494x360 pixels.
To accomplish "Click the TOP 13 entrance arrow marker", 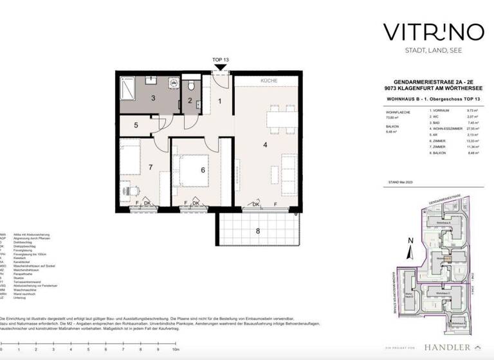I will pos(220,67).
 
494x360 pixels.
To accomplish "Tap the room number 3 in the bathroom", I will pos(152,98).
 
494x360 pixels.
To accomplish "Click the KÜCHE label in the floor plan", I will pos(269,82).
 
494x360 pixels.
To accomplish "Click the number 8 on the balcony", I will pos(258,230).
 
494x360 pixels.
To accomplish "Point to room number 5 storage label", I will pos(136,125).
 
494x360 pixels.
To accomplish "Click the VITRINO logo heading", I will pos(425,32).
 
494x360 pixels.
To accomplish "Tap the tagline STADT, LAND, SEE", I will pos(425,50).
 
